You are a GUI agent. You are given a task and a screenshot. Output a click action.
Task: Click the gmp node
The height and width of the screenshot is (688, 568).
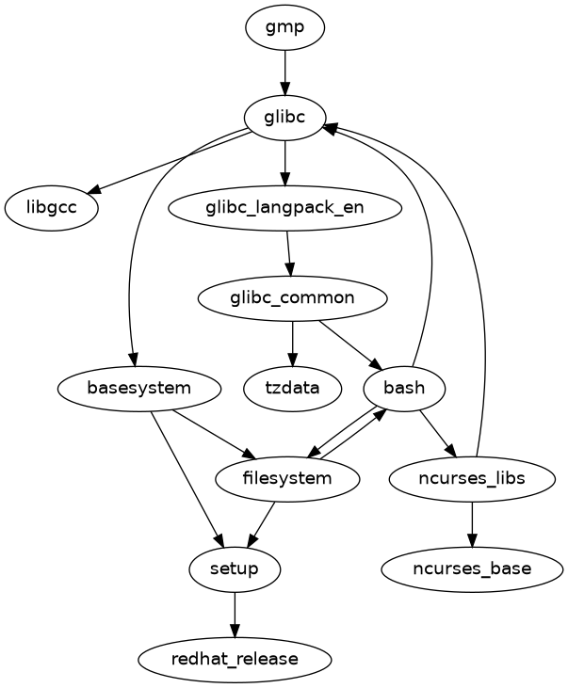284,27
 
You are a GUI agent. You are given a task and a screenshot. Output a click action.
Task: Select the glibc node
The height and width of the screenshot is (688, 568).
284,117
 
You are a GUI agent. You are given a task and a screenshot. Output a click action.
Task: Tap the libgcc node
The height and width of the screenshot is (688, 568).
52,207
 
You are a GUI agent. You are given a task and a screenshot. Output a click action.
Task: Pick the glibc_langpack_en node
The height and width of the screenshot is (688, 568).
284,207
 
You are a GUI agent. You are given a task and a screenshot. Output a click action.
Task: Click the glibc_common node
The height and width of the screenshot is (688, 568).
292,297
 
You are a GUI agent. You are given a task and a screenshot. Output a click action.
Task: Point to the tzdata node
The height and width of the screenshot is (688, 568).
292,387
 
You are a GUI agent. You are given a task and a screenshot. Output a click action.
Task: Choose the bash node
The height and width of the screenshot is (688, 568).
404,387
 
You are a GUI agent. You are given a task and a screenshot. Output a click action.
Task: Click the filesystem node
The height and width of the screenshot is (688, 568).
287,478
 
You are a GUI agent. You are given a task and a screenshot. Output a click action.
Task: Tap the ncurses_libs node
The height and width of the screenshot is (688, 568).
471,478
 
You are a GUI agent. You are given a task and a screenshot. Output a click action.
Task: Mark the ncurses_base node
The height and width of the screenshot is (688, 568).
471,568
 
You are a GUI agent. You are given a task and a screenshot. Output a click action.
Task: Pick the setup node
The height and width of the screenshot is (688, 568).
235,568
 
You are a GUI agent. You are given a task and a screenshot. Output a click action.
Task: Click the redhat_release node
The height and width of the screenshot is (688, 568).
235,659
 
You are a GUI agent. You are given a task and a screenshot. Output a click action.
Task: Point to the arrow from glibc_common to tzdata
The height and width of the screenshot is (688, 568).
292,343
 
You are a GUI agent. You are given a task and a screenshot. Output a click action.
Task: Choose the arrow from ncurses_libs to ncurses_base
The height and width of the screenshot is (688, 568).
471,523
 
